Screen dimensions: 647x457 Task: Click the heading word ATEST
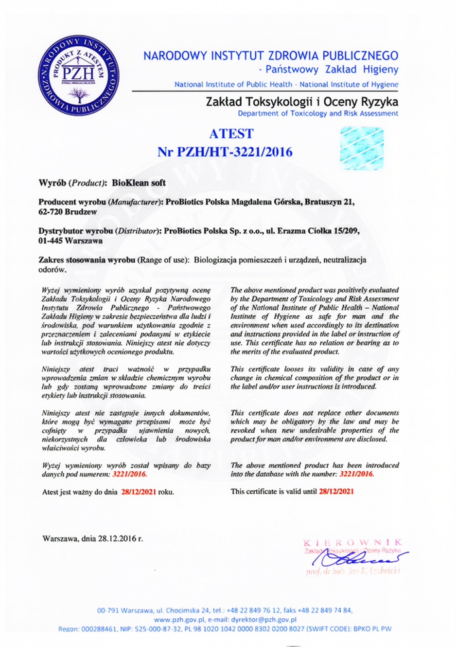(231, 134)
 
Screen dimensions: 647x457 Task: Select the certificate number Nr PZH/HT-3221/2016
(225, 152)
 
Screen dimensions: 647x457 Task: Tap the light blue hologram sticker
(362, 148)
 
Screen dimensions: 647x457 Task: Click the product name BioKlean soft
(139, 183)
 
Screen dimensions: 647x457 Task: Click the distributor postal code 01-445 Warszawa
(70, 240)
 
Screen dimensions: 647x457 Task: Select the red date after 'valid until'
(336, 491)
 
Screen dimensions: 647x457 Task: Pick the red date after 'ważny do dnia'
(139, 492)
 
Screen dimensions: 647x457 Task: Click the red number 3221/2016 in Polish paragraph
(129, 474)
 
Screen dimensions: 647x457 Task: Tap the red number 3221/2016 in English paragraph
(356, 474)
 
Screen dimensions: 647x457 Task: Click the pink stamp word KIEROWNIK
(353, 542)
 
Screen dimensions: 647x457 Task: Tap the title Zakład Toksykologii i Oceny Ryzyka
(302, 102)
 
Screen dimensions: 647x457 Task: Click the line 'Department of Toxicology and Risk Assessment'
(318, 113)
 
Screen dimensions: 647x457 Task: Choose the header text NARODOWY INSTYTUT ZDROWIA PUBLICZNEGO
(271, 56)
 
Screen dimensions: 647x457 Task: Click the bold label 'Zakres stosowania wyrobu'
(87, 259)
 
